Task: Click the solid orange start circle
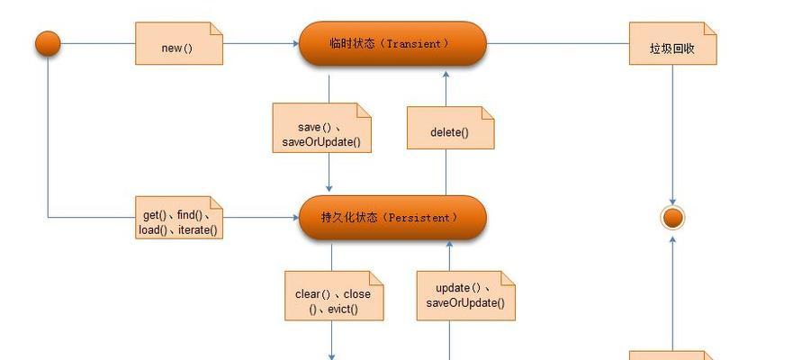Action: pos(48,43)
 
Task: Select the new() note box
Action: pos(179,43)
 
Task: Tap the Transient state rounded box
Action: pos(392,43)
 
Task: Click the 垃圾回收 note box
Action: pos(673,43)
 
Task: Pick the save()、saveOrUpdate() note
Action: pos(321,128)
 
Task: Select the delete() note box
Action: pos(450,128)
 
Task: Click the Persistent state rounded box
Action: pos(392,217)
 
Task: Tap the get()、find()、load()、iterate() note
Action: pos(179,218)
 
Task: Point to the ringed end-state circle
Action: pos(673,218)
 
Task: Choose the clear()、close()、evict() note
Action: pos(334,296)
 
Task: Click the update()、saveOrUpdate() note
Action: pos(465,296)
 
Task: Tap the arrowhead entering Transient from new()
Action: pos(295,43)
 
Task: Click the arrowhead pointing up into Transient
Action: pos(446,75)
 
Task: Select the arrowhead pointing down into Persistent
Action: pos(329,189)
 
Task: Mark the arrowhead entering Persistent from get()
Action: pos(295,218)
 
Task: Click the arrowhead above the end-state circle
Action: pos(673,202)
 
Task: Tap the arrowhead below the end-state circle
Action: pos(673,239)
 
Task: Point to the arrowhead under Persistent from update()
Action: pos(449,244)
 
